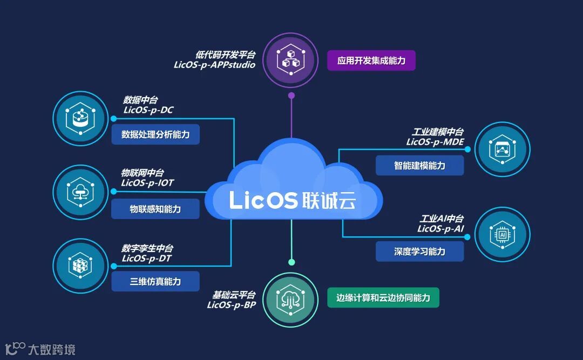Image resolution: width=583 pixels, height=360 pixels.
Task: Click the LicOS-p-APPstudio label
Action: click(214, 65)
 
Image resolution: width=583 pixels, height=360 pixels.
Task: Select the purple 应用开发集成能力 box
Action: click(371, 60)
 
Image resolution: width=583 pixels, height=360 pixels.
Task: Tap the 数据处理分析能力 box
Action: click(155, 134)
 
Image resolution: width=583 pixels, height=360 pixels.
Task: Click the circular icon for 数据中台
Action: click(80, 119)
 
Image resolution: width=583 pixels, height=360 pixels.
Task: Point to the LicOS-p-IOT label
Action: click(147, 183)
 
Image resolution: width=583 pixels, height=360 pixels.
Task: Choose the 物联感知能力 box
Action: click(155, 209)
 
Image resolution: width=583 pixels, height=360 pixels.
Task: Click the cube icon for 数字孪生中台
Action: click(80, 266)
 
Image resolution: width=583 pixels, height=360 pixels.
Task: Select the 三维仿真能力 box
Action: click(155, 282)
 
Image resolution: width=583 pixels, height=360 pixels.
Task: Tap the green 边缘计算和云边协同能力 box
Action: click(383, 298)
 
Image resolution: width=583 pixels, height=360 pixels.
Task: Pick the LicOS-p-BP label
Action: click(231, 305)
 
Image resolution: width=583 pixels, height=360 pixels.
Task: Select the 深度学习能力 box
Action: click(419, 252)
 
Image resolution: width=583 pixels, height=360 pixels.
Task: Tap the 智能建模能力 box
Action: click(419, 166)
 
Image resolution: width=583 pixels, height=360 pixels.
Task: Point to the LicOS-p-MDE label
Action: click(435, 142)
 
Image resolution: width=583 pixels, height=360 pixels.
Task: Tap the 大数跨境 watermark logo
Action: click(40, 349)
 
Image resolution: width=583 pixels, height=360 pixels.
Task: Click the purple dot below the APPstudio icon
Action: click(291, 96)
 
